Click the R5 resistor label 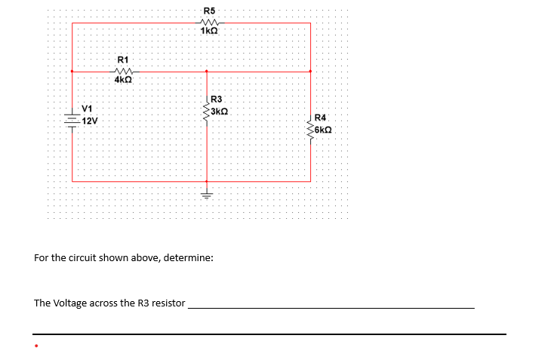pyautogui.click(x=209, y=11)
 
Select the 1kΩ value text pyautogui.click(x=209, y=32)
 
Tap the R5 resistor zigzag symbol pyautogui.click(x=209, y=22)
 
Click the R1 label pyautogui.click(x=124, y=59)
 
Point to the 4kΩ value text pyautogui.click(x=123, y=80)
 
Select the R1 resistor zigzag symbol pyautogui.click(x=123, y=71)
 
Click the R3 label pyautogui.click(x=217, y=100)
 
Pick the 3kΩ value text pyautogui.click(x=220, y=111)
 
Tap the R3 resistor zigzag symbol pyautogui.click(x=206, y=112)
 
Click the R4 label pyautogui.click(x=320, y=118)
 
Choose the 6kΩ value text pyautogui.click(x=323, y=129)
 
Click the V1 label pyautogui.click(x=87, y=107)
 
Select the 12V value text pyautogui.click(x=89, y=121)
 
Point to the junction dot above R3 pyautogui.click(x=207, y=72)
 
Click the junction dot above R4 pyautogui.click(x=310, y=72)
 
